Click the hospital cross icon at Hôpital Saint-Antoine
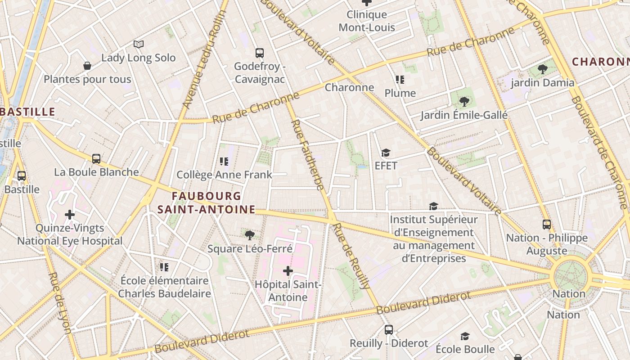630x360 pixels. coord(288,270)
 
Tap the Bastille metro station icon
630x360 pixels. coord(21,176)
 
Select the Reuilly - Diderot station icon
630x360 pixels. coord(389,330)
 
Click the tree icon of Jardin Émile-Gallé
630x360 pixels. coord(464,102)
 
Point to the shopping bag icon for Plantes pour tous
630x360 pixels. coord(87,66)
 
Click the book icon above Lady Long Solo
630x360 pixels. coord(139,44)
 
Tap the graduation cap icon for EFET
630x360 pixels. coord(386,153)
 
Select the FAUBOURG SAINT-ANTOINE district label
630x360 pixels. coord(206,202)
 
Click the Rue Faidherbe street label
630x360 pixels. coord(309,155)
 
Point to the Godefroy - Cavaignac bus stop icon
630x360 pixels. coord(260,53)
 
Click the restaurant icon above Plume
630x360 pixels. coord(400,80)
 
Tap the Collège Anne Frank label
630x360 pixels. coord(224,175)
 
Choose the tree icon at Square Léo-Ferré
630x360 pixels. coord(249,234)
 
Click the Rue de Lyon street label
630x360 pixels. coord(60,302)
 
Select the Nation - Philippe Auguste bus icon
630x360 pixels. coord(547,224)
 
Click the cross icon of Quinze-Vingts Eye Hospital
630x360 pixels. coord(70,215)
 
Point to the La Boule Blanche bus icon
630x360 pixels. coord(96,158)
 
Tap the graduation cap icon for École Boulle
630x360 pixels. coord(465,336)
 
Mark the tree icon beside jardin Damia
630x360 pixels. coord(543,69)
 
